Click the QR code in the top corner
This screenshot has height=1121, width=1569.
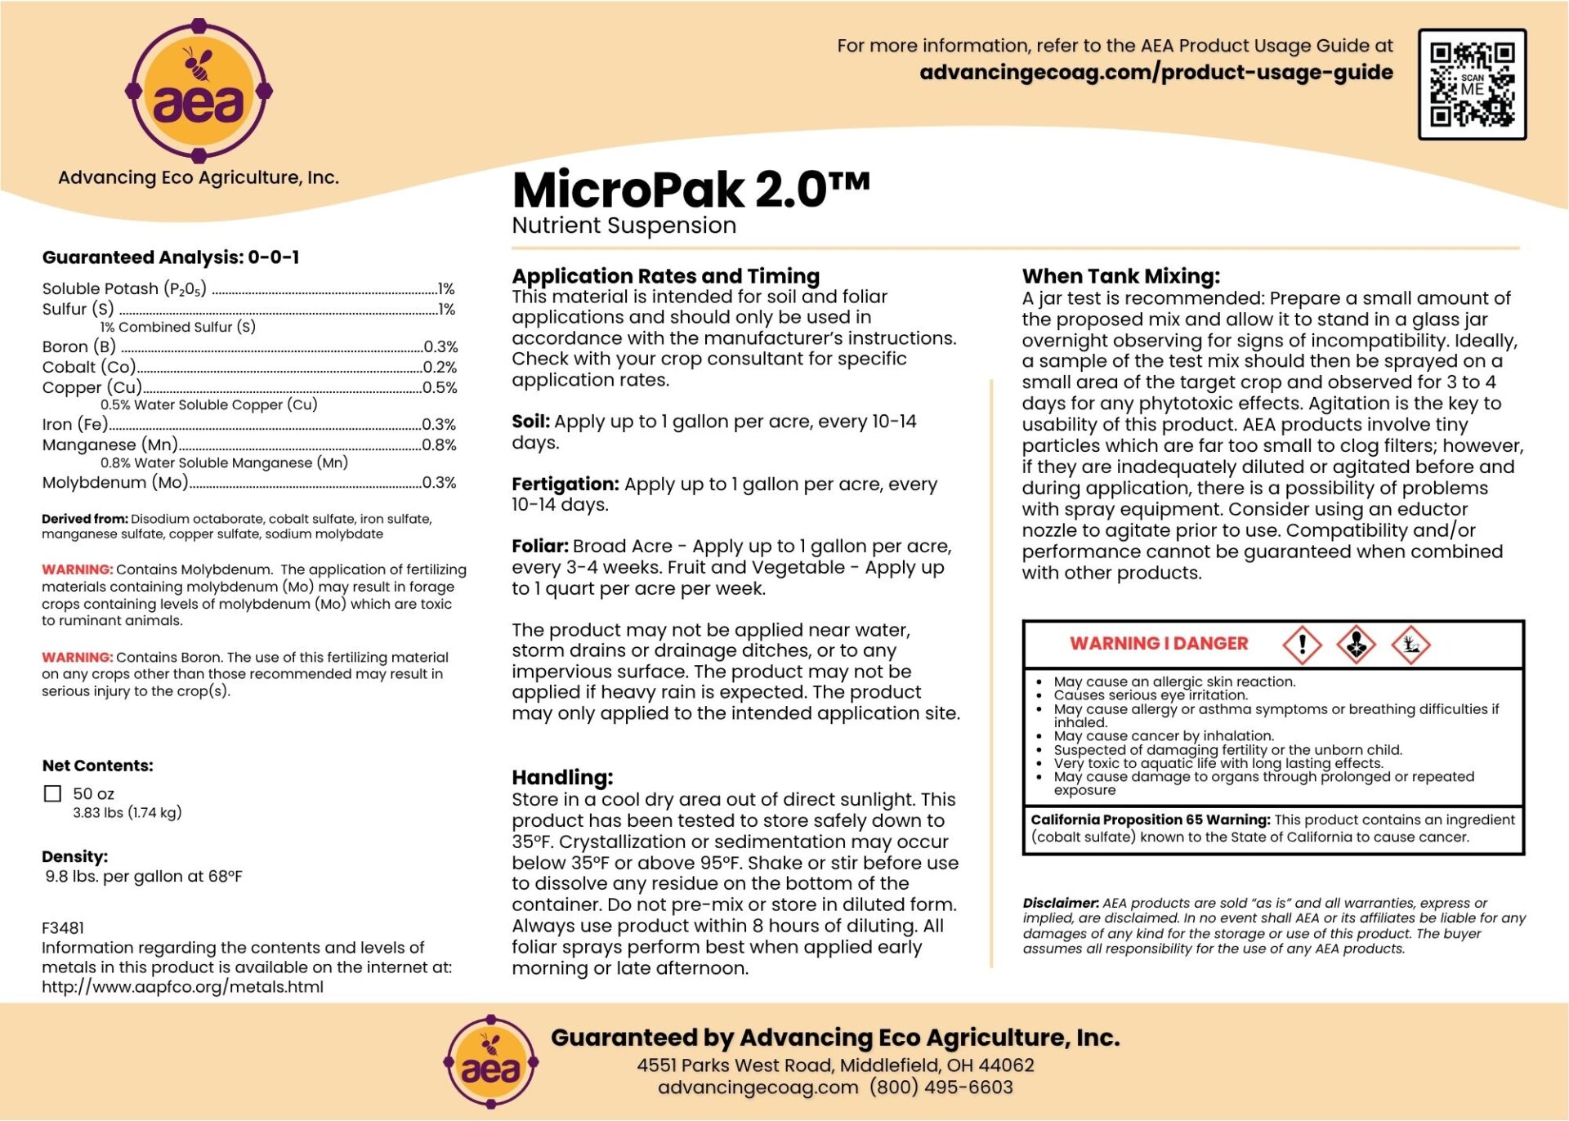coord(1472,84)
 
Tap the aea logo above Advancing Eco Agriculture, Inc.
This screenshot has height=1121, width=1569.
coord(199,91)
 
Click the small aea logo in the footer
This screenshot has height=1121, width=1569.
coord(490,1061)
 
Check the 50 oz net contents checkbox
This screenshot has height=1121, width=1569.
coord(53,793)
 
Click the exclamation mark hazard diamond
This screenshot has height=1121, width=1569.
coord(1302,645)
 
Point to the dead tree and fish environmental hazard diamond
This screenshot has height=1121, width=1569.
coord(1410,645)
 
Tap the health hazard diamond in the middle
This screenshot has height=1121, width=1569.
coord(1356,645)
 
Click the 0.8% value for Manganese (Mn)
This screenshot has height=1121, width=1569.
coord(439,445)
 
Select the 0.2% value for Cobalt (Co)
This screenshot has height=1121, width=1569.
coord(440,368)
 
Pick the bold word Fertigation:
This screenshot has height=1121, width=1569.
coord(565,485)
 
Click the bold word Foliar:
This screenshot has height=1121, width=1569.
coord(539,547)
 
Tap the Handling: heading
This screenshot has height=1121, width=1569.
coord(562,777)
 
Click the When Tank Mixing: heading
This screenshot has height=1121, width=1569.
coord(1120,276)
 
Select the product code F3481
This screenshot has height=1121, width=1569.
coord(63,928)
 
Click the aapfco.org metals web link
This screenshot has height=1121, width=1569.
coord(182,987)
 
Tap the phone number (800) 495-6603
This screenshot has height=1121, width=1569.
coord(941,1088)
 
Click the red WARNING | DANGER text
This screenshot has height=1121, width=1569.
coord(1159,644)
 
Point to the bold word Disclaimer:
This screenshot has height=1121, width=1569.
coord(1060,904)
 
